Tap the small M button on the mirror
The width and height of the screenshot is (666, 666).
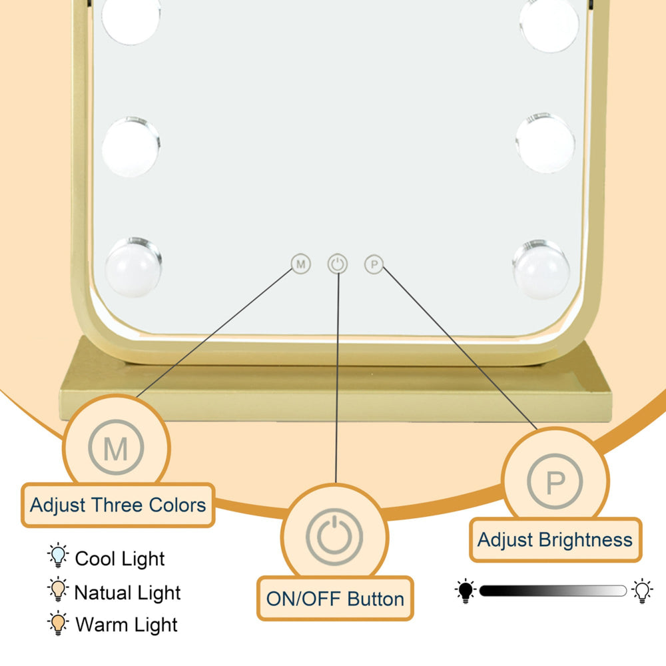[x=301, y=264]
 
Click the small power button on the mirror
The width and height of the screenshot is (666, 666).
[x=338, y=264]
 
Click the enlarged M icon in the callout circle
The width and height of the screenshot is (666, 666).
[x=116, y=448]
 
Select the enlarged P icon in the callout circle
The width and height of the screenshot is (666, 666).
[x=555, y=482]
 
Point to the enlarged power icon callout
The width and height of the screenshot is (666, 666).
[x=334, y=536]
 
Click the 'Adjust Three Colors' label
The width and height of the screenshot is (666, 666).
[x=118, y=505]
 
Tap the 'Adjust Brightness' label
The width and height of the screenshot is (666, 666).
[x=555, y=540]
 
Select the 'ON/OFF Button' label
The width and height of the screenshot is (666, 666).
[x=335, y=599]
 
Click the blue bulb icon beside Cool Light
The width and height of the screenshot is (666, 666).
[x=58, y=555]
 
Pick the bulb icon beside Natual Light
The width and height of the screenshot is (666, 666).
[x=58, y=589]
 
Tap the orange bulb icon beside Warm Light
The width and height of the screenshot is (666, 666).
[x=58, y=623]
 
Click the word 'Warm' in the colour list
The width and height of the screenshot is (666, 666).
[x=99, y=625]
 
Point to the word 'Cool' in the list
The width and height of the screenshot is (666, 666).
[x=95, y=559]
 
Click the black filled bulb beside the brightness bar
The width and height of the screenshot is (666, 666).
[x=466, y=591]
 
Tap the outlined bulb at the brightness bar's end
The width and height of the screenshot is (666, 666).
[x=643, y=591]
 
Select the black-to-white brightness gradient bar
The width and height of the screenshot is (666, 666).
[x=553, y=591]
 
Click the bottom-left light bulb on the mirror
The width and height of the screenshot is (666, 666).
[x=133, y=267]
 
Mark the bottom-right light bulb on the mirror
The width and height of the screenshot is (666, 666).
[x=541, y=269]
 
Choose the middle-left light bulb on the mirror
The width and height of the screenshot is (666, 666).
[x=131, y=146]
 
